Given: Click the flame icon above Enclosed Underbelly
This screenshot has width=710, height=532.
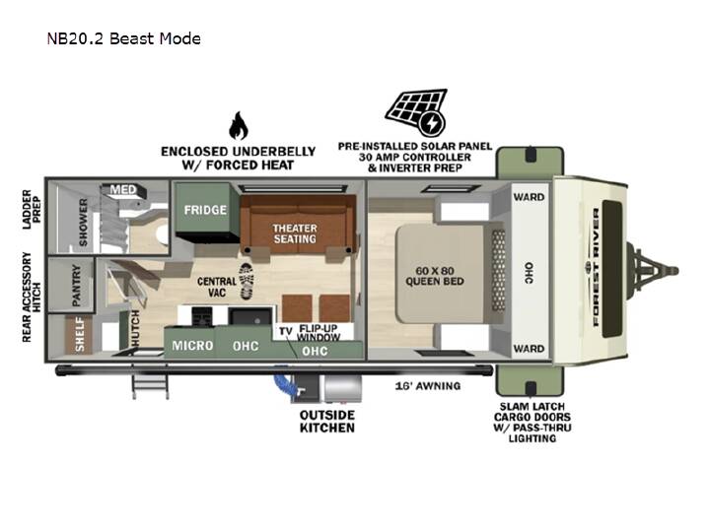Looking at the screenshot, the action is [239, 125].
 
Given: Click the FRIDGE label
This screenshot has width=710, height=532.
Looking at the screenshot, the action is [205, 210].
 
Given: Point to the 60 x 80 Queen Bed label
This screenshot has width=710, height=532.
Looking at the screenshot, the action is [435, 276].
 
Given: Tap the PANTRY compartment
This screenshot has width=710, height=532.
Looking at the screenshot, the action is [71, 285].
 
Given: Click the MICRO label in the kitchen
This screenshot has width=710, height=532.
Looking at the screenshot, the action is [192, 346].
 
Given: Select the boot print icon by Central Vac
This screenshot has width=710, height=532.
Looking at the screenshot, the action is [247, 281].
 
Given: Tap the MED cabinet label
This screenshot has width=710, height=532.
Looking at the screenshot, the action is [122, 189].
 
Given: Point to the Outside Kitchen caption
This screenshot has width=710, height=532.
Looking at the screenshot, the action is [327, 422].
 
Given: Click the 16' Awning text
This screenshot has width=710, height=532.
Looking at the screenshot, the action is [428, 386].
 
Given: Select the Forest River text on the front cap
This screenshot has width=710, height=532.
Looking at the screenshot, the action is [596, 267].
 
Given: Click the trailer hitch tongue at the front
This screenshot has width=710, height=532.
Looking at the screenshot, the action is [652, 271].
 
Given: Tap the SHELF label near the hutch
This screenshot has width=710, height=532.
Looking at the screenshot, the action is [80, 334].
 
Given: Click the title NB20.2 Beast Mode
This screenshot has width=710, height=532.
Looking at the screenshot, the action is [124, 38].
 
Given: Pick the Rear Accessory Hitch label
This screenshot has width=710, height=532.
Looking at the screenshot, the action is [32, 298].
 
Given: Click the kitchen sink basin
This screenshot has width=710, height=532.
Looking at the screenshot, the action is [250, 316].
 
